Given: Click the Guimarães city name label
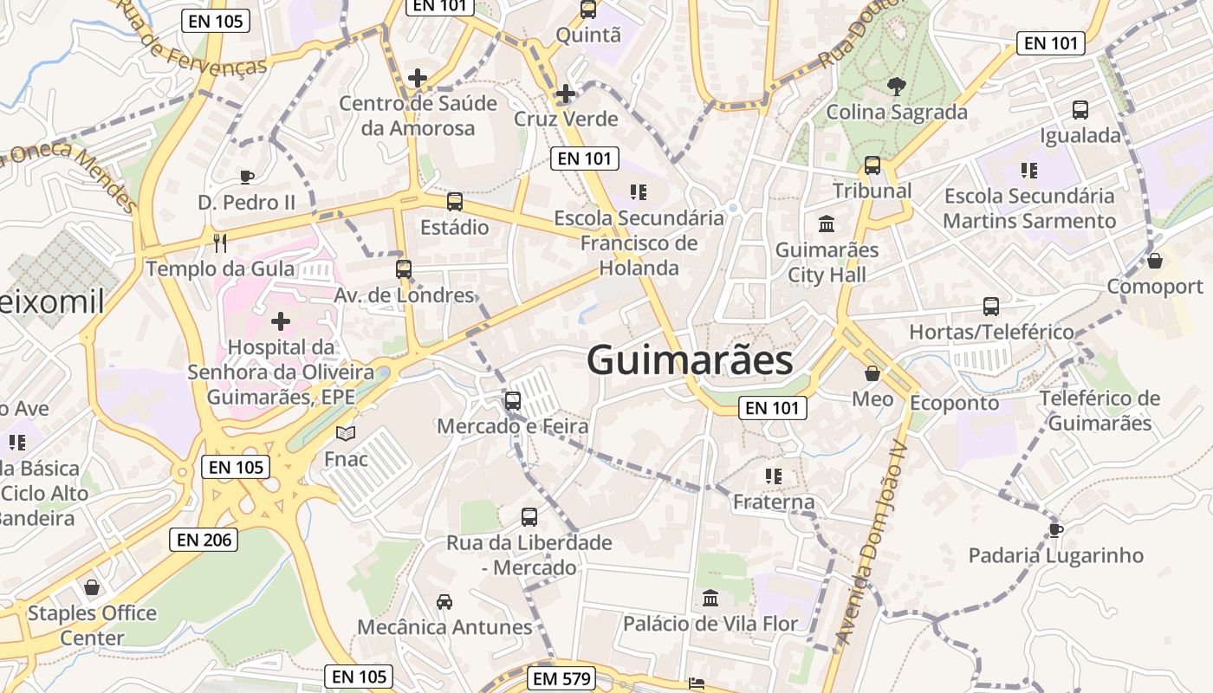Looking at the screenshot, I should pos(690,360).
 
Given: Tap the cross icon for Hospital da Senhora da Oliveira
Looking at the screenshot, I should pos(281,322).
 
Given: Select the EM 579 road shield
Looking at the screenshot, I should pos(561,678).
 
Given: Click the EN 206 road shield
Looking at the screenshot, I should pos(204,540).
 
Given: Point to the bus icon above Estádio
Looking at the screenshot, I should pos(455,202).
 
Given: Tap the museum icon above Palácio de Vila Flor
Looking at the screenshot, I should pos(710,598).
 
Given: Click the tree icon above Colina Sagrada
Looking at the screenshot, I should pos(896,86).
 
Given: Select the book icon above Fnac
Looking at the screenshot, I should pos(346,433).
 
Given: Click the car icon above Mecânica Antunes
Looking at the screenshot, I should pos(444,601).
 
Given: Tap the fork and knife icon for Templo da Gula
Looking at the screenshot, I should pos(220,243).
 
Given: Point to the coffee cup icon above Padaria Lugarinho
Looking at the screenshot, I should pos(1055,529).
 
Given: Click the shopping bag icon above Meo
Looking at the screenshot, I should pos(872,373).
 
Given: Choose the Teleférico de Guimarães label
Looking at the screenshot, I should pos(1099,411).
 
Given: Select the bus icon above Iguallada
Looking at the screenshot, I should pos(1080,110).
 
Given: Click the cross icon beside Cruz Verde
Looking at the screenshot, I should pos(566,94).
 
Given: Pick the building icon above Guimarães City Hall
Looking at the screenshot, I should pos(827,224).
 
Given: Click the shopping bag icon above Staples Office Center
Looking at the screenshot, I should pos(92,588).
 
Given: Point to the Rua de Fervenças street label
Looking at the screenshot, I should pos(191,40).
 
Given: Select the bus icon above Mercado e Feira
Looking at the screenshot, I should pos(513,401).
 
